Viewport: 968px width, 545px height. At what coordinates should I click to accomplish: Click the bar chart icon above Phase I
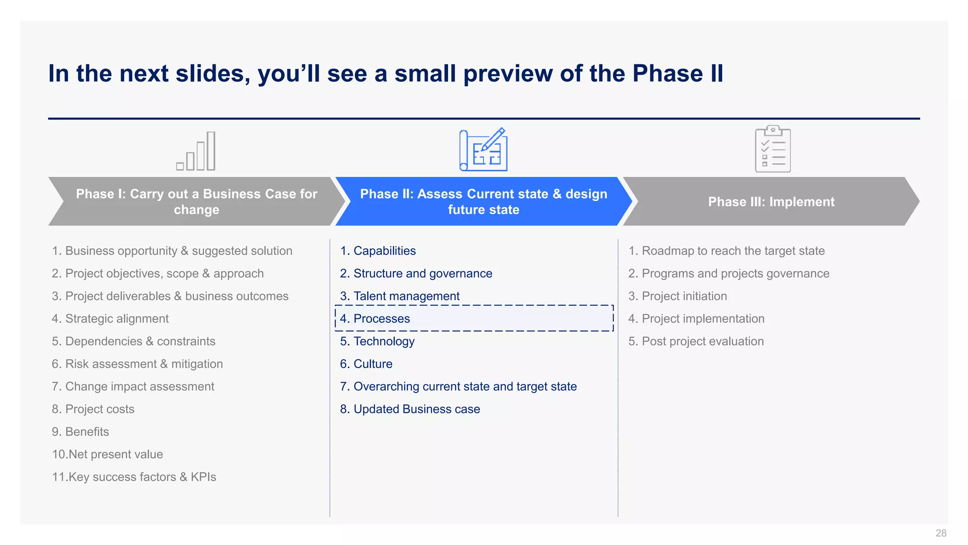pyautogui.click(x=196, y=151)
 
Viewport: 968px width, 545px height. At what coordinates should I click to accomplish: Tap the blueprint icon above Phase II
pyautogui.click(x=483, y=150)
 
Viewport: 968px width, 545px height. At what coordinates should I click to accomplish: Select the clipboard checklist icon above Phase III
pyautogui.click(x=772, y=149)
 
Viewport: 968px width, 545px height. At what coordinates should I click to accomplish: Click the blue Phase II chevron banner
pyautogui.click(x=483, y=202)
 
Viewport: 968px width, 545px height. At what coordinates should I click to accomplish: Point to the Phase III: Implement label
pyautogui.click(x=771, y=202)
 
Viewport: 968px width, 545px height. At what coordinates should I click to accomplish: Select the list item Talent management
pyautogui.click(x=400, y=296)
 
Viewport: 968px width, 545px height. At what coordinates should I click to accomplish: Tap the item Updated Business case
pyautogui.click(x=410, y=409)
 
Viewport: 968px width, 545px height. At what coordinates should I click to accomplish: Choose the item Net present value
pyautogui.click(x=108, y=455)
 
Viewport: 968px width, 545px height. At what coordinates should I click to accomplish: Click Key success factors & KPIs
pyautogui.click(x=134, y=477)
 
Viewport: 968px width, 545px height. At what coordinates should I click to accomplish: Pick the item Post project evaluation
pyautogui.click(x=696, y=342)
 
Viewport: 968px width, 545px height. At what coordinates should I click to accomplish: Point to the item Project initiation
pyautogui.click(x=677, y=296)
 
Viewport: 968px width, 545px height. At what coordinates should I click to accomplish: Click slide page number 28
pyautogui.click(x=941, y=533)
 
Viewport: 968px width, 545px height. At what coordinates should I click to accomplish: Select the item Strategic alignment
pyautogui.click(x=110, y=319)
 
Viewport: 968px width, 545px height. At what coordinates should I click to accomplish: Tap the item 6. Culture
pyautogui.click(x=366, y=364)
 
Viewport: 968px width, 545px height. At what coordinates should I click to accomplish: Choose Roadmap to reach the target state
pyautogui.click(x=726, y=251)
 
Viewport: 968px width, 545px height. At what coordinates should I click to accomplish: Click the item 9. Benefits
pyautogui.click(x=80, y=432)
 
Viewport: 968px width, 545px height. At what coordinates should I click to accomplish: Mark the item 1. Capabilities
pyautogui.click(x=378, y=251)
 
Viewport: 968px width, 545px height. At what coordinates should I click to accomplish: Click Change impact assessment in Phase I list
pyautogui.click(x=133, y=387)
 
